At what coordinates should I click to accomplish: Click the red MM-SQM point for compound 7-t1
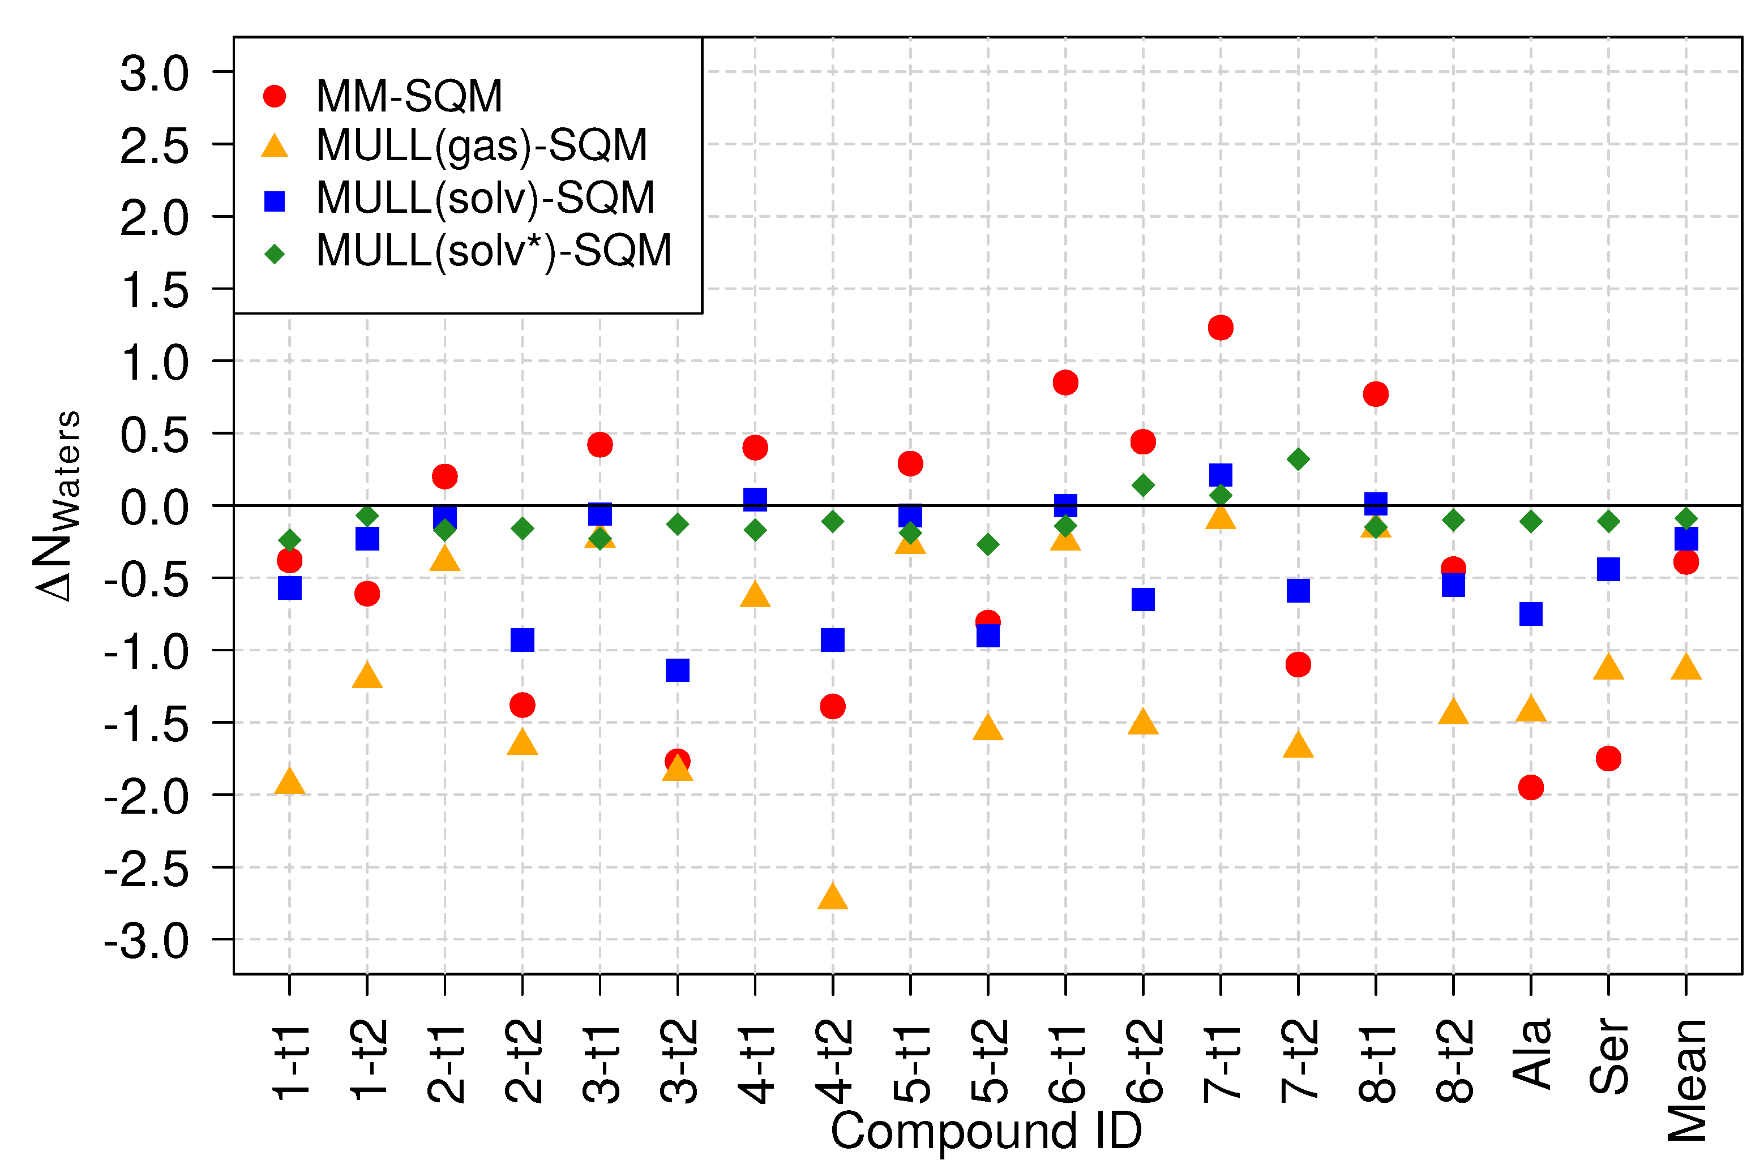pos(1220,327)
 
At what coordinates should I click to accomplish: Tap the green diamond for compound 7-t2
pos(1298,458)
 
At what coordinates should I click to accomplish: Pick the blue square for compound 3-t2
pos(677,669)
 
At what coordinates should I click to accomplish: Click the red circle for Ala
pos(1531,787)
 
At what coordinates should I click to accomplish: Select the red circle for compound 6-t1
pos(1065,383)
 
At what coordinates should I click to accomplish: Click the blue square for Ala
pos(1531,613)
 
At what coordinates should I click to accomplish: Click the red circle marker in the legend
pos(275,96)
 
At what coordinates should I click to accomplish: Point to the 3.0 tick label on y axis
pos(155,74)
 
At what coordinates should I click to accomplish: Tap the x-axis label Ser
pos(1608,1056)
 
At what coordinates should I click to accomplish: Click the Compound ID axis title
pos(986,1131)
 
